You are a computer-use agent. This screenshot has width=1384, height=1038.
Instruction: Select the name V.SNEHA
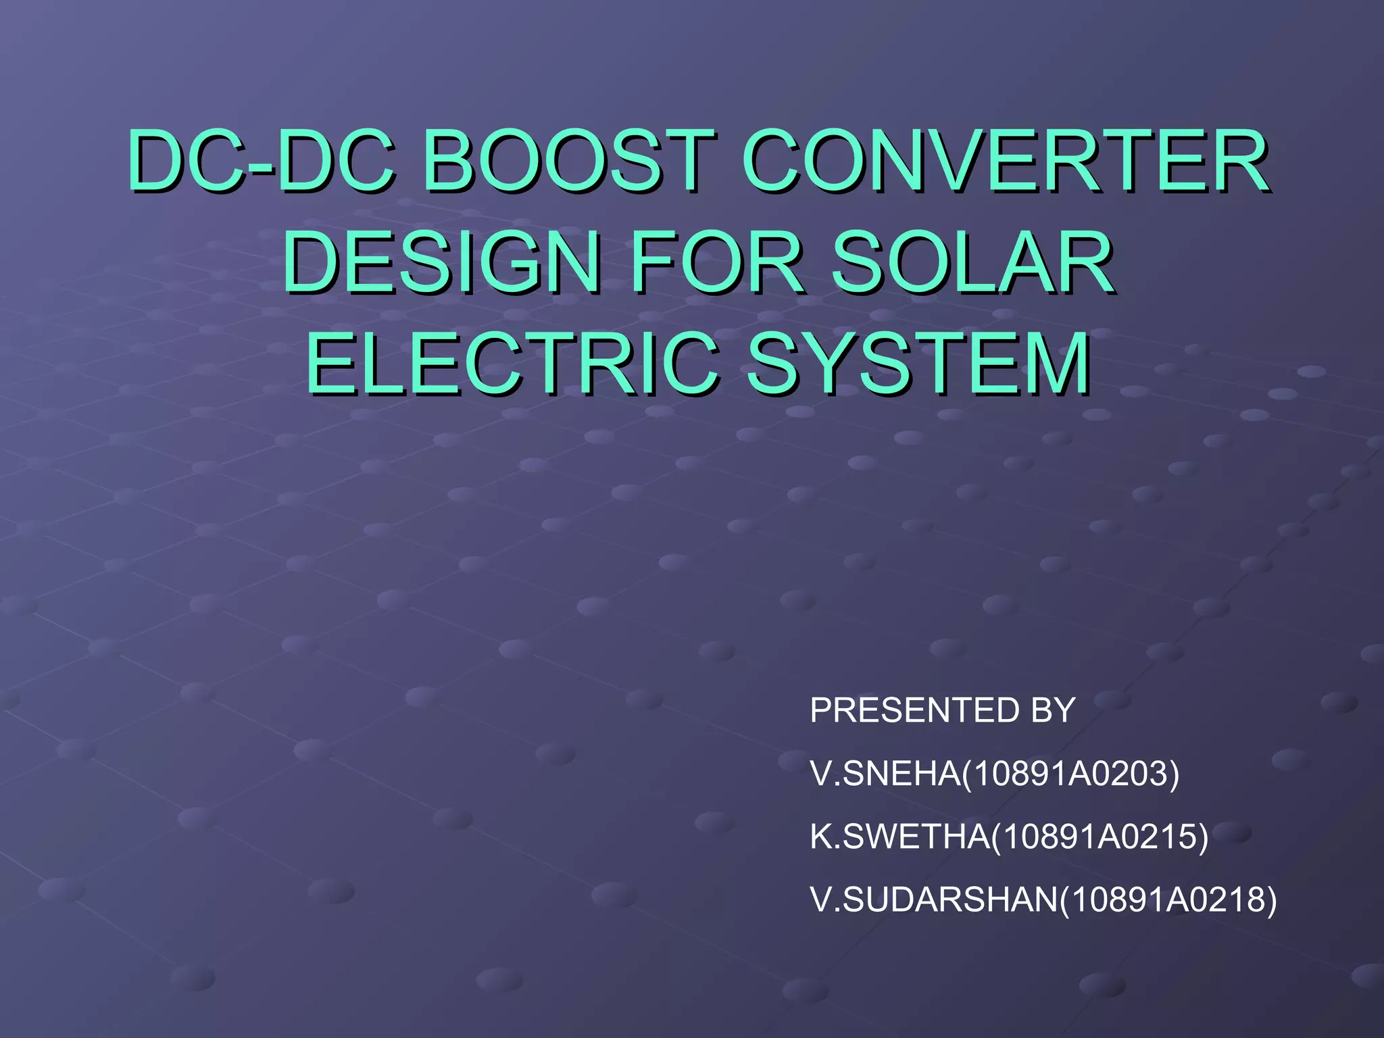pos(885,774)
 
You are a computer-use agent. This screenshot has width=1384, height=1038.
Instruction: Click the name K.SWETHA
pos(899,837)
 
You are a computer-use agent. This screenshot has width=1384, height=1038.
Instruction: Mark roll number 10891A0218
pos(1168,899)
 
